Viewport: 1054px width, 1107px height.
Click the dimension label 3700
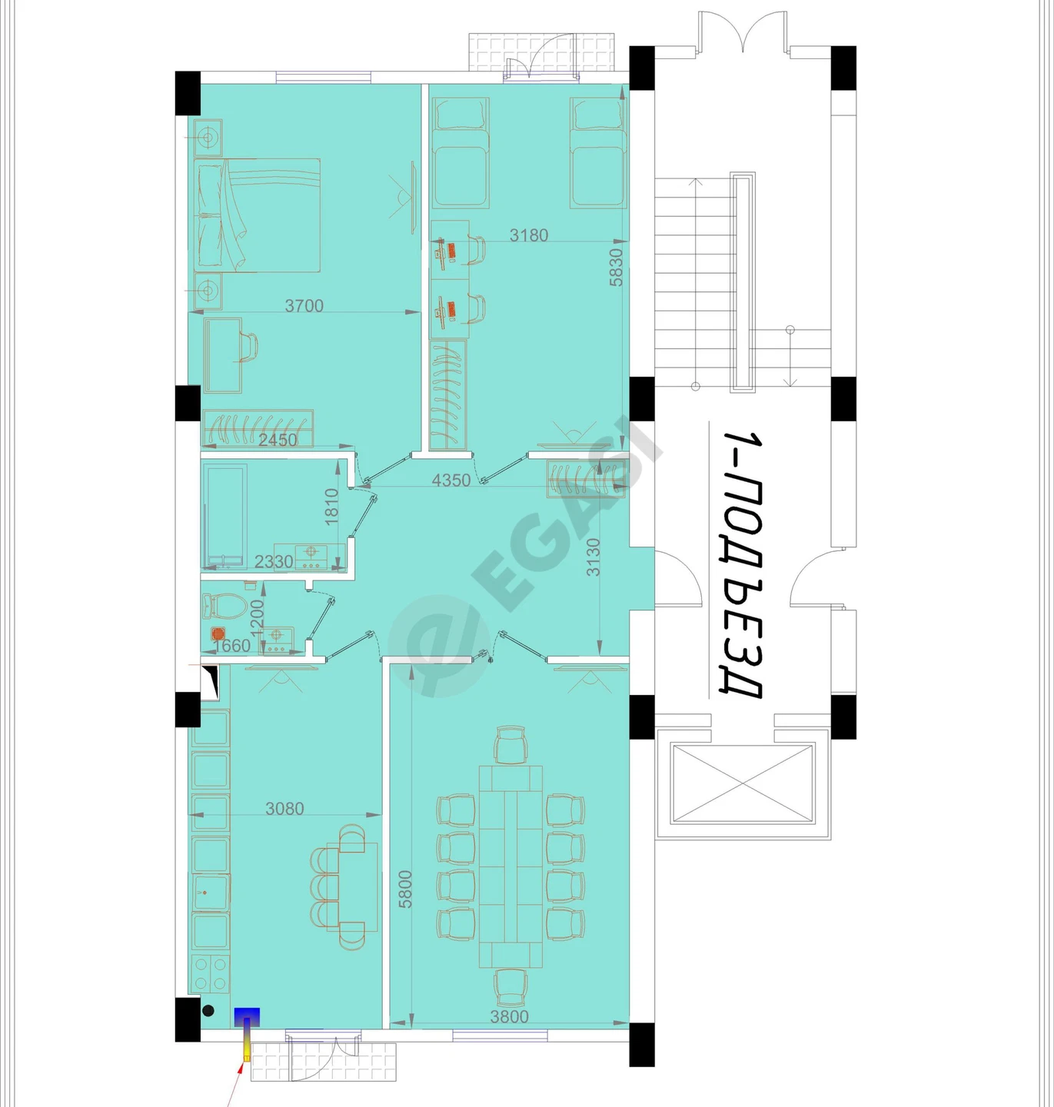[x=304, y=306]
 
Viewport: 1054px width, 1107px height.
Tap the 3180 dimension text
[x=528, y=235]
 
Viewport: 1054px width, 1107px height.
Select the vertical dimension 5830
[x=617, y=268]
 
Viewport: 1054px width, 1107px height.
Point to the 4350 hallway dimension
[x=451, y=480]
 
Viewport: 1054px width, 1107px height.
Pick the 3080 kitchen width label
[x=284, y=809]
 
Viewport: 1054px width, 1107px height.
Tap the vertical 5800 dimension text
[x=405, y=889]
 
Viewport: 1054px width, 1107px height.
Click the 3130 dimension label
[x=593, y=557]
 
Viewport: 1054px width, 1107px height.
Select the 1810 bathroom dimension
[x=331, y=507]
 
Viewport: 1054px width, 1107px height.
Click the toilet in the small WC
[x=224, y=605]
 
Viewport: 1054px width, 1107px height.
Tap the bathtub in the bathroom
[x=224, y=514]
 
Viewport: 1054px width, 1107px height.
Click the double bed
[x=258, y=214]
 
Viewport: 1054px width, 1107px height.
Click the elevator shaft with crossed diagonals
[x=743, y=783]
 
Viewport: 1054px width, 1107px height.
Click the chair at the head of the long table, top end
[x=510, y=743]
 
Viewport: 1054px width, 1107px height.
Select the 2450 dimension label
[x=278, y=440]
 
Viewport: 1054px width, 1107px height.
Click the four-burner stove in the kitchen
[x=210, y=973]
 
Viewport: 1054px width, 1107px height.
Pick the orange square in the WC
[x=218, y=634]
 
